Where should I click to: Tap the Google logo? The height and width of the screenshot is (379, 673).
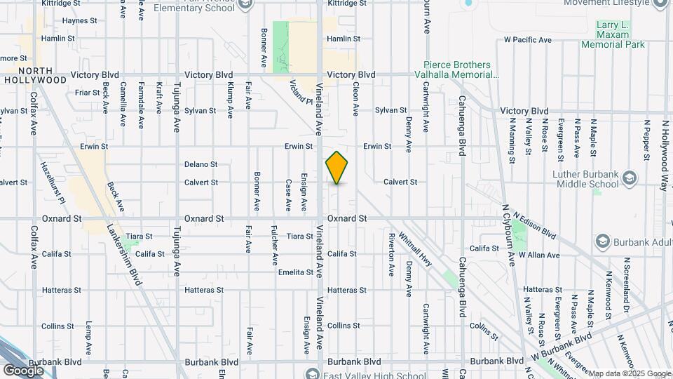click(x=23, y=370)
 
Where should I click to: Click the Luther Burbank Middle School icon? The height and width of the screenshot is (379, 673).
click(x=627, y=176)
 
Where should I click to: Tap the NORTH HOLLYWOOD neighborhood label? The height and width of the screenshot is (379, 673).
click(x=34, y=75)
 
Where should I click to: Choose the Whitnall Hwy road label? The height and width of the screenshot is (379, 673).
click(x=416, y=249)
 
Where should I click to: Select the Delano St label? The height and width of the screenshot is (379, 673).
click(x=200, y=164)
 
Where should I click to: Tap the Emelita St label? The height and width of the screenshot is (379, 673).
click(x=295, y=272)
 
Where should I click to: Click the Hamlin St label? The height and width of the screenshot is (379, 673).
click(x=343, y=39)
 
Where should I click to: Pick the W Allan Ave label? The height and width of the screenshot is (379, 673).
click(x=536, y=253)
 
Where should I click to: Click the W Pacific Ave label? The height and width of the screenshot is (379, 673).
click(x=524, y=39)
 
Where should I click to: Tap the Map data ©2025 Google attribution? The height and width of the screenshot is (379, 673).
click(x=630, y=373)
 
